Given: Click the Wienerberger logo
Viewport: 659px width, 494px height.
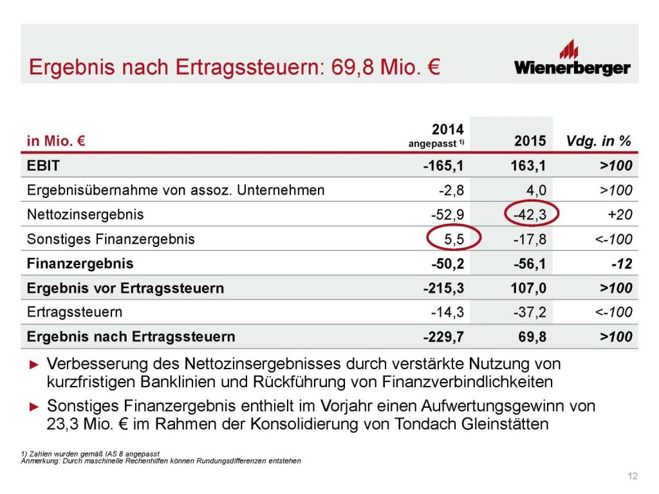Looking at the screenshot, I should tap(572, 59).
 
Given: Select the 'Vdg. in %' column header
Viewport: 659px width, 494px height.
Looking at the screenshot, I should tap(599, 141).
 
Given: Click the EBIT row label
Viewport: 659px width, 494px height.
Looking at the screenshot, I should tap(43, 166).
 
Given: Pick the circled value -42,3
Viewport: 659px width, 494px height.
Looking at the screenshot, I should tap(531, 215).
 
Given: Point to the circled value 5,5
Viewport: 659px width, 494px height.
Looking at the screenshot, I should tap(454, 239).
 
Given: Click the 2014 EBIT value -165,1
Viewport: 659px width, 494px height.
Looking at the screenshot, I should tap(443, 166).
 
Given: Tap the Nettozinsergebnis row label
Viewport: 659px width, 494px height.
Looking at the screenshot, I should tap(85, 215).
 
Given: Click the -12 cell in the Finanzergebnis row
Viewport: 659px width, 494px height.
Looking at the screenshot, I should tap(622, 264).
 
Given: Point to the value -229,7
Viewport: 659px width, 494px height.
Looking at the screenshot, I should tap(443, 336).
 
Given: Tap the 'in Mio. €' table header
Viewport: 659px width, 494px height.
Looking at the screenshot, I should tap(57, 141).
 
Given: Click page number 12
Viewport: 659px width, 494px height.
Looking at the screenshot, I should tap(632, 476).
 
